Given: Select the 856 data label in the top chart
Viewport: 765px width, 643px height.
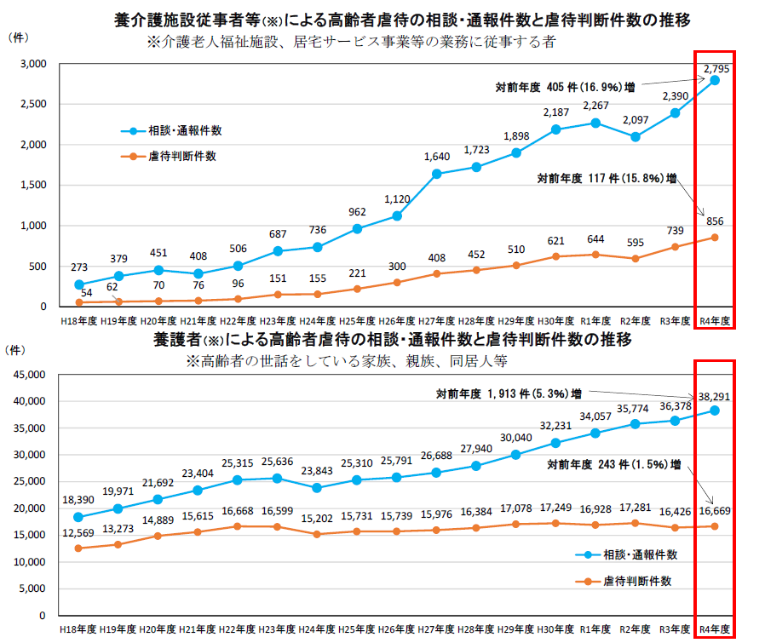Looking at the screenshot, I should tap(714, 221).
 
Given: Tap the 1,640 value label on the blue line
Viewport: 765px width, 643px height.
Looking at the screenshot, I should tap(437, 156).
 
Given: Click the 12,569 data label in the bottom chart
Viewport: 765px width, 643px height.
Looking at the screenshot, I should tap(79, 533).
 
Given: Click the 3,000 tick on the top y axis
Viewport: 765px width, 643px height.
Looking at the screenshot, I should tap(34, 64).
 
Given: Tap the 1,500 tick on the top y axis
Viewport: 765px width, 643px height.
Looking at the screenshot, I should tap(34, 185).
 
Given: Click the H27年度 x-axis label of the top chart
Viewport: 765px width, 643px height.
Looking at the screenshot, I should tap(436, 320).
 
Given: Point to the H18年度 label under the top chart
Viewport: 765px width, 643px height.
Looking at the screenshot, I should tap(78, 320).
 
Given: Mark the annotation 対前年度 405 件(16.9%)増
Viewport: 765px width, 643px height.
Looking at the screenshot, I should tap(565, 87).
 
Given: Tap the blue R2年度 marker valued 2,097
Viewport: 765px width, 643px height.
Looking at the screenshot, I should tap(635, 136).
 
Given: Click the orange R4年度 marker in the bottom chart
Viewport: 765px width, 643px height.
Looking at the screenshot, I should tap(714, 525).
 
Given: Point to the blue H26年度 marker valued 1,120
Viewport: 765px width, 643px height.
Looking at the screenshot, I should tap(397, 215).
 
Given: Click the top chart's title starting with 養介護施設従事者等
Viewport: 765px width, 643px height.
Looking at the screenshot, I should tap(400, 20).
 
